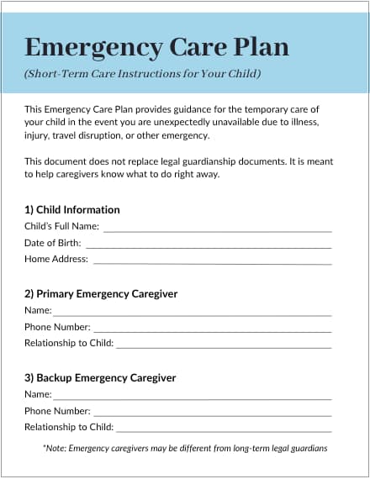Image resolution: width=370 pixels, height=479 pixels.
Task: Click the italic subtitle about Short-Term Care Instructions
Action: [x=142, y=74]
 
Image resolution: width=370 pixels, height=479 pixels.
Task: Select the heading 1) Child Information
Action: [x=72, y=209]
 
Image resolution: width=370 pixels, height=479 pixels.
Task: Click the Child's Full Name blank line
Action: [x=217, y=228]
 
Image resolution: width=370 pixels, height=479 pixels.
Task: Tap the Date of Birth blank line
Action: [x=208, y=245]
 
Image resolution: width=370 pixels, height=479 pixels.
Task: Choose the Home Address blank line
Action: [x=212, y=261]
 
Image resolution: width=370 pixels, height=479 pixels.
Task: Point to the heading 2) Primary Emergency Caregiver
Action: [x=101, y=294]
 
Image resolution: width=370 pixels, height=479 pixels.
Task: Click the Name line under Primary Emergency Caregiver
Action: [x=193, y=313]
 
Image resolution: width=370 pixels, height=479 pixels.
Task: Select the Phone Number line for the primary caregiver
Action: [x=212, y=329]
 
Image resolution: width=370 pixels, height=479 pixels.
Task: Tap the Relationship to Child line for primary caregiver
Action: [x=224, y=345]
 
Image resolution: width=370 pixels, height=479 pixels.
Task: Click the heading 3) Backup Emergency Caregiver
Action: [x=100, y=378]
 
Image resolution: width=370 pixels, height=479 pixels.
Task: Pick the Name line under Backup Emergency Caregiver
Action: [x=193, y=397]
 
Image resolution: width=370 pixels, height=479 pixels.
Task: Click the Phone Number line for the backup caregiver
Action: [x=212, y=413]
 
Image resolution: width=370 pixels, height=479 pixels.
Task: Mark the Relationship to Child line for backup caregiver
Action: [x=224, y=429]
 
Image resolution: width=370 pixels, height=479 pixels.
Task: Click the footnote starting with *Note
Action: [x=185, y=449]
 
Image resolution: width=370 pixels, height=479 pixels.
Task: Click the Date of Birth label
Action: [x=53, y=243]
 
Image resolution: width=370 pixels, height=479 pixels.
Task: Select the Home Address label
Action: [x=56, y=260]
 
